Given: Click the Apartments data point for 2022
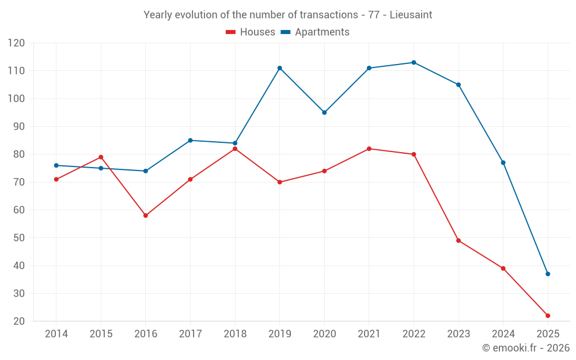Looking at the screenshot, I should tap(414, 62).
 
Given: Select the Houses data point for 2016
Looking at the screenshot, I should tap(146, 215).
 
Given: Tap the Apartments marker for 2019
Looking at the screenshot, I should tap(279, 68).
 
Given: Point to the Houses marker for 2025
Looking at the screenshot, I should tap(548, 316).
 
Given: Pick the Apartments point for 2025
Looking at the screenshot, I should tap(548, 274).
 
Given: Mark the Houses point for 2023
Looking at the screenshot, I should tap(458, 240).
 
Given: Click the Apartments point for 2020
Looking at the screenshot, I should tap(324, 112).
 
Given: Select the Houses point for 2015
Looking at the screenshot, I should tap(101, 157).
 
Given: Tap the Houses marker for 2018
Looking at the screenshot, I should tap(235, 149).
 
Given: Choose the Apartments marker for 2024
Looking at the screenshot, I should tap(503, 162).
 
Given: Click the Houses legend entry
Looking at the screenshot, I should tap(251, 32).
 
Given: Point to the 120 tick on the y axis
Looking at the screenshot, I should tap(17, 43).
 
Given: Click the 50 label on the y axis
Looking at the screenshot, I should tap(19, 238).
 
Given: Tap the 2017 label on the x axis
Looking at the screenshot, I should tap(190, 334).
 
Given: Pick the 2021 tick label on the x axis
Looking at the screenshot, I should tap(369, 334).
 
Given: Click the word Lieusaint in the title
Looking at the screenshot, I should tap(411, 15).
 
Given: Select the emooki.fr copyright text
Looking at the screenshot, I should tap(526, 348).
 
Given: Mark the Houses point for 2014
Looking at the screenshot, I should tap(56, 179).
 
